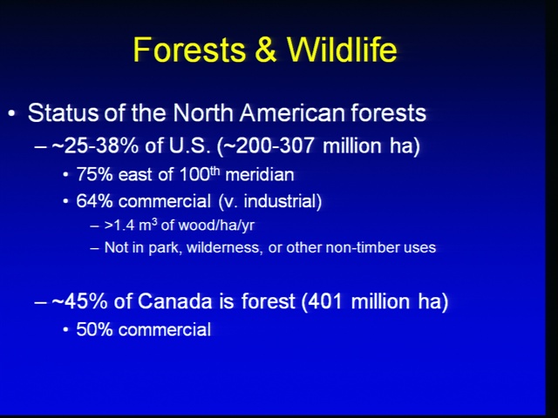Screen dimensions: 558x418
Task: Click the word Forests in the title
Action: point(189,50)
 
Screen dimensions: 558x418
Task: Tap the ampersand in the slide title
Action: point(266,50)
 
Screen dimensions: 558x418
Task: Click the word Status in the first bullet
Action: point(63,113)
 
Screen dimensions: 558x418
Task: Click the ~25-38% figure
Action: point(95,145)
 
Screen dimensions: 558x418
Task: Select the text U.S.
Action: point(189,145)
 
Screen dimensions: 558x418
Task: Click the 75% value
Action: point(94,174)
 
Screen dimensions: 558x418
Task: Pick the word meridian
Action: point(260,174)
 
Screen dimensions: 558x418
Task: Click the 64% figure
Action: point(94,201)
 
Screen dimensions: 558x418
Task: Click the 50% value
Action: point(94,329)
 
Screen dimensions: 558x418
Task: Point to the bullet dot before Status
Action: point(11,114)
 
